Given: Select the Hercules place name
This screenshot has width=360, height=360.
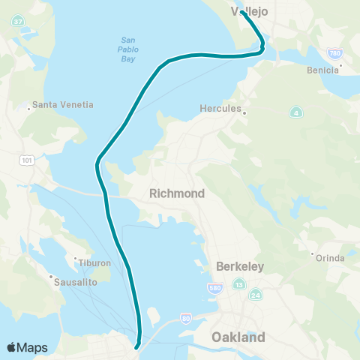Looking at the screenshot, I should click(x=220, y=109).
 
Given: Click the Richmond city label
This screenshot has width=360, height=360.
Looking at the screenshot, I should click(x=177, y=193).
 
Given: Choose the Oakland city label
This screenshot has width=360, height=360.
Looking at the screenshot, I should click(x=239, y=337).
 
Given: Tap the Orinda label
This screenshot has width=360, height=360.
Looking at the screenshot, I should click(x=330, y=259).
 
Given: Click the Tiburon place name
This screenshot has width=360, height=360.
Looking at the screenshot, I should click(x=94, y=263).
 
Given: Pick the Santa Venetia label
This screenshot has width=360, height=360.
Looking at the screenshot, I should click(x=61, y=106).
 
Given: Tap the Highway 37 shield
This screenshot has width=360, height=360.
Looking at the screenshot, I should click(x=17, y=22).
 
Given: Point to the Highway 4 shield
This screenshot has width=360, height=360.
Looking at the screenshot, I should click(x=297, y=112).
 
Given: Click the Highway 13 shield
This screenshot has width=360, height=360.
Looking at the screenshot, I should click(x=239, y=284).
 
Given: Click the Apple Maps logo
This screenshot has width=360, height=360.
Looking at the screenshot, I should click(x=27, y=347).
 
